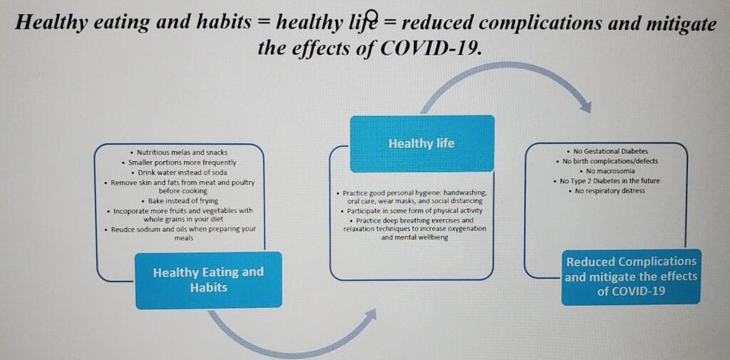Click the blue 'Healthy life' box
pyautogui.click(x=422, y=143)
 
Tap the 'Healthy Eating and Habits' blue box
pyautogui.click(x=209, y=280)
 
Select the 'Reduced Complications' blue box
pyautogui.click(x=631, y=277)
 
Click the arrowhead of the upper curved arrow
pyautogui.click(x=586, y=107)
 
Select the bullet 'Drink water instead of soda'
pyautogui.click(x=179, y=173)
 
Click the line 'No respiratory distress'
pyautogui.click(x=607, y=191)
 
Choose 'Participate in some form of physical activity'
pyautogui.click(x=411, y=211)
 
